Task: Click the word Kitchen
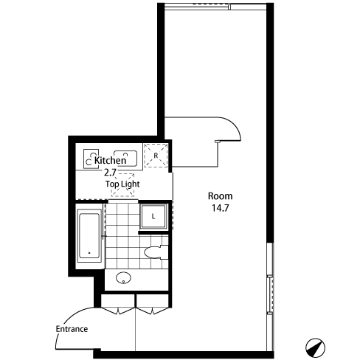110,160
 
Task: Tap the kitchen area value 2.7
110,173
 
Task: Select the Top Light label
122,184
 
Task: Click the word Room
220,196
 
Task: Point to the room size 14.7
221,208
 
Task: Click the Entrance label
72,329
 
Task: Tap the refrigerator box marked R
156,156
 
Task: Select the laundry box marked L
153,216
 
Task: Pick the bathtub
89,235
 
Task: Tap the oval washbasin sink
123,278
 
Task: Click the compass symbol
315,347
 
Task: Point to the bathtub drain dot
89,253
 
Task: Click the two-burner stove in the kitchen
91,159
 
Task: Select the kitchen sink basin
125,158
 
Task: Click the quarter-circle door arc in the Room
234,124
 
